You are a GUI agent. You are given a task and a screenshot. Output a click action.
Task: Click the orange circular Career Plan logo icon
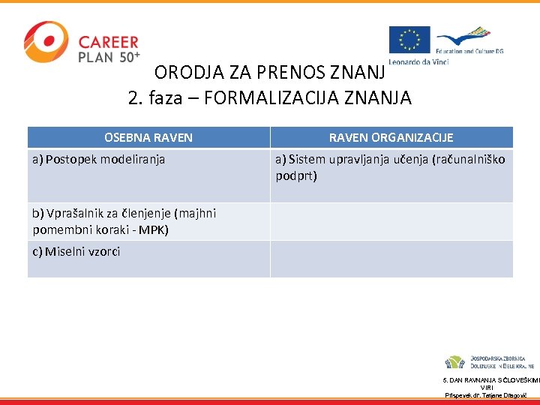46,43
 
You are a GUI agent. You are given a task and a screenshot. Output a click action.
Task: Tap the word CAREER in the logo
108,43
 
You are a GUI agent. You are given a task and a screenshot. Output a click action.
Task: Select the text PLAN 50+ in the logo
109,58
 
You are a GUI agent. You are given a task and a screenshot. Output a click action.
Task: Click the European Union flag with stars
409,40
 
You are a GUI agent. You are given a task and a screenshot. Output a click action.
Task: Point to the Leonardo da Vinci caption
418,61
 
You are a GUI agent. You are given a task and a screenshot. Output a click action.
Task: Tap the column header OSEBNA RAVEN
148,137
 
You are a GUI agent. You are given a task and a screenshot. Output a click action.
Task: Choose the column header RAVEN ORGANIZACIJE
391,137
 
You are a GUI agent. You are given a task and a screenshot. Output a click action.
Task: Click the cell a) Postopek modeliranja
98,159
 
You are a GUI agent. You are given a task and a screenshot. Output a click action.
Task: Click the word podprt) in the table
296,175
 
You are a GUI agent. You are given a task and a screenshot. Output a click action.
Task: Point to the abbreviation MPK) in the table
153,229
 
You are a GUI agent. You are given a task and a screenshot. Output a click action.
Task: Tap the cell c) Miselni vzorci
76,251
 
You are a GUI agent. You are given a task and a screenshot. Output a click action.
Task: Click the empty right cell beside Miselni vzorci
391,259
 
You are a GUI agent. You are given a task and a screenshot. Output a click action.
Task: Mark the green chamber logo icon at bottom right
454,361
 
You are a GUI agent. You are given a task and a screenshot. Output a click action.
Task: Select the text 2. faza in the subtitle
153,97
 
